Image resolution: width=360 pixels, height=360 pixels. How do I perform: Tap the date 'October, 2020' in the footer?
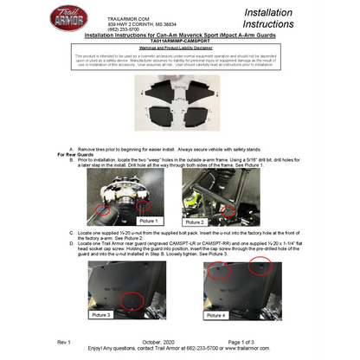pos(164,344)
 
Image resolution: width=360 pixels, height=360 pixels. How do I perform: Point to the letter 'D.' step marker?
pos(71,234)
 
